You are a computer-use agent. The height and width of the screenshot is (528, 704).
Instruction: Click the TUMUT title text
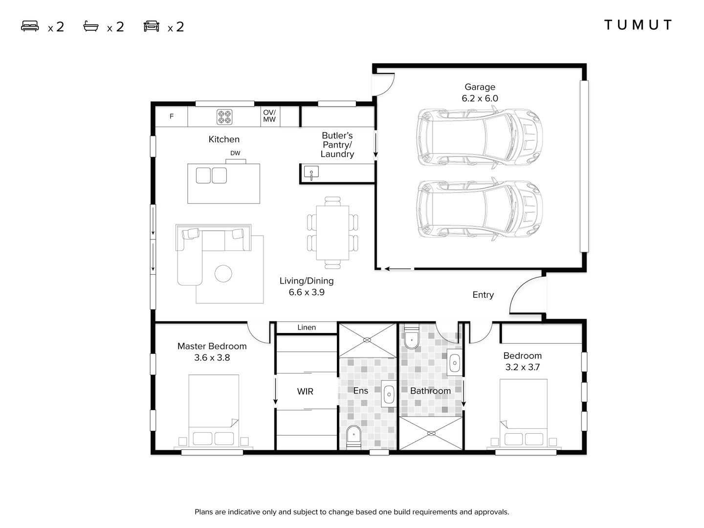click(638, 25)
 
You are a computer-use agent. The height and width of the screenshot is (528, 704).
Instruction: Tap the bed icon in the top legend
click(30, 26)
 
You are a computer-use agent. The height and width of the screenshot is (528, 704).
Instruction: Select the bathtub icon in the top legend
click(91, 26)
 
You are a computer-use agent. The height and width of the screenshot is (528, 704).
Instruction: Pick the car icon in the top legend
click(152, 26)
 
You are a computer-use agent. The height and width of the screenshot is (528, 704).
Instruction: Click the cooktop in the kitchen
click(224, 117)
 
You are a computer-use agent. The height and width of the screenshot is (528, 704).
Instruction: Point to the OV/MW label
click(269, 116)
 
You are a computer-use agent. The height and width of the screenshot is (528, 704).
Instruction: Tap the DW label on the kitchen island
click(235, 153)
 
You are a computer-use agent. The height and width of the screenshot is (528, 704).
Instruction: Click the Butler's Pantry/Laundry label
click(337, 145)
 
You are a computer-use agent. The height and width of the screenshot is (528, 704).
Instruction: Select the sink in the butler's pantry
click(311, 173)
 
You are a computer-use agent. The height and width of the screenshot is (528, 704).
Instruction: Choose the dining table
click(332, 233)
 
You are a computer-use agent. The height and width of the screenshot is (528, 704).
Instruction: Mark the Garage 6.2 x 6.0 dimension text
click(480, 98)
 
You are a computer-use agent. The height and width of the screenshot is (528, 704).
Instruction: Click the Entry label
click(483, 295)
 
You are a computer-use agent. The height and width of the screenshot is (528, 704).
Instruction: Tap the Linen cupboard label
click(307, 328)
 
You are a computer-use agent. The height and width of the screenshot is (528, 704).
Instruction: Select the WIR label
click(305, 392)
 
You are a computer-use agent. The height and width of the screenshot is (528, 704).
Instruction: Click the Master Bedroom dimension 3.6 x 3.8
click(212, 358)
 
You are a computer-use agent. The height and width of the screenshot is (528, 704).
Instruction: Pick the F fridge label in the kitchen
click(172, 116)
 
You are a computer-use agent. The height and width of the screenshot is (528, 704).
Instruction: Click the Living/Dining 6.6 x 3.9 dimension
click(307, 292)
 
